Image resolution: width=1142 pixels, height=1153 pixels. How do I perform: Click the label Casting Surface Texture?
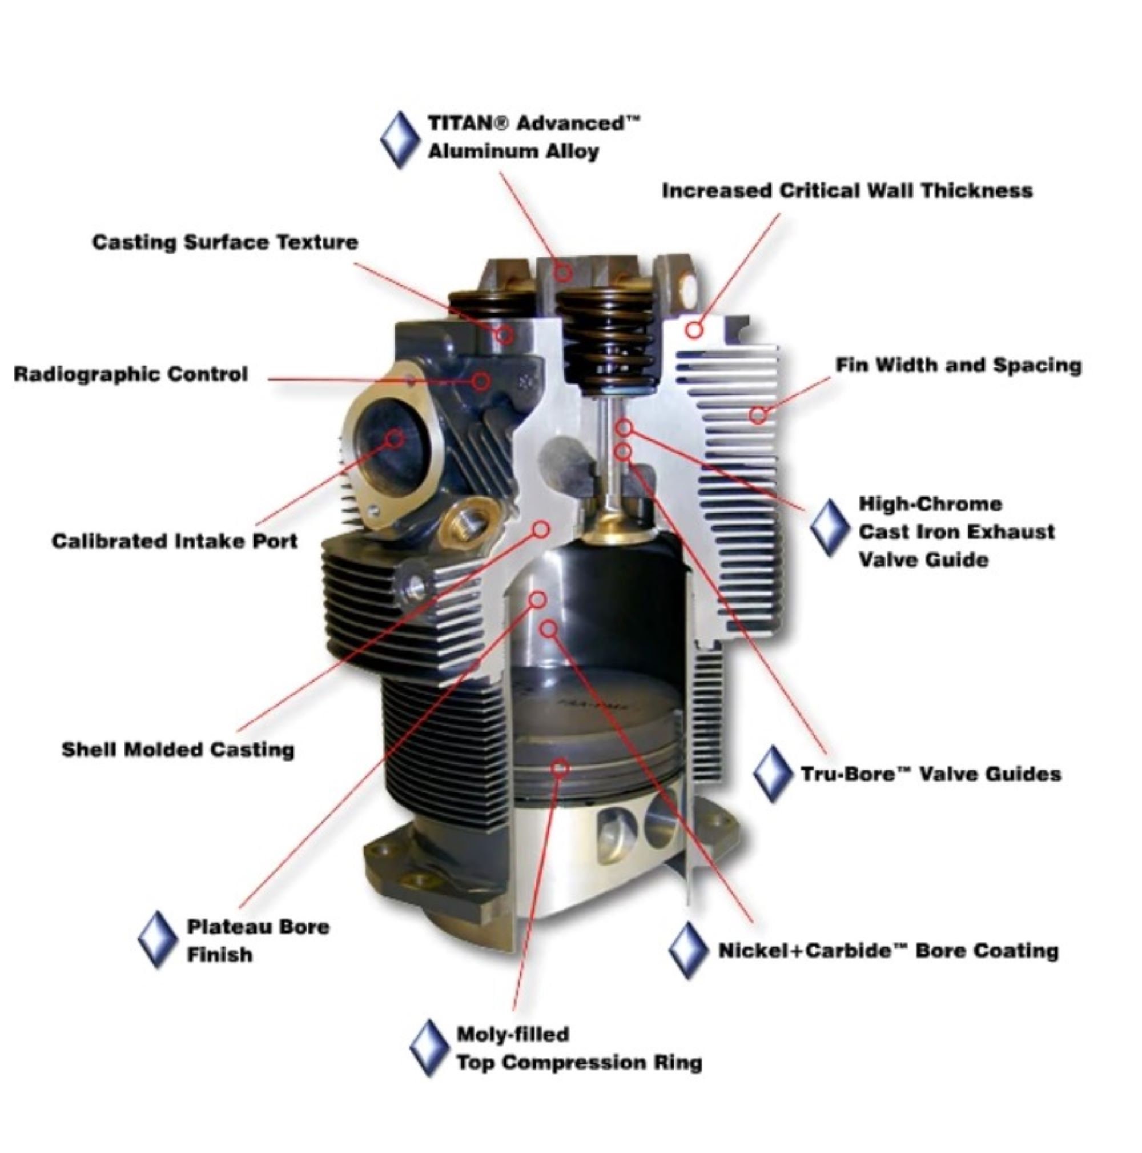[225, 242]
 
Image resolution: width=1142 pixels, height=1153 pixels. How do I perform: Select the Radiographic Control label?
[131, 374]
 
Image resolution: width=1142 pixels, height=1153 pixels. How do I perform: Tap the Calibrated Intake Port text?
[174, 541]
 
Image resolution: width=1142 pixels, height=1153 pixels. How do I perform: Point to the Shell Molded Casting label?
[178, 750]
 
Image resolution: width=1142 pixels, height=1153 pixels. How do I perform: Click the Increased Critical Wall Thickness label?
[847, 190]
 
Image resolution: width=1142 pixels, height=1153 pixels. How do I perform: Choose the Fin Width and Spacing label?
[958, 365]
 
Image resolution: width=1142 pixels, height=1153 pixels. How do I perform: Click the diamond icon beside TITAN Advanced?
[400, 139]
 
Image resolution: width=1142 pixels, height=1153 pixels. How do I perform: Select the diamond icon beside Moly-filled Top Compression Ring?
[429, 1048]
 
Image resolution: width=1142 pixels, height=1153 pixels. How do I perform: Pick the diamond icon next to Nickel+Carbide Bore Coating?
[687, 950]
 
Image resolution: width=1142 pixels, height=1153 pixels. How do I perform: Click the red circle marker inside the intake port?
[394, 439]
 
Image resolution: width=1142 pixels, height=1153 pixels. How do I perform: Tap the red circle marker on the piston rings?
[559, 767]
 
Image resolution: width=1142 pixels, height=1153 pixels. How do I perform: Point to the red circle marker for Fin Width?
[757, 414]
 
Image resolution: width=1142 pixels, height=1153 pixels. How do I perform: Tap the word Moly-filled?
[513, 1034]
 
